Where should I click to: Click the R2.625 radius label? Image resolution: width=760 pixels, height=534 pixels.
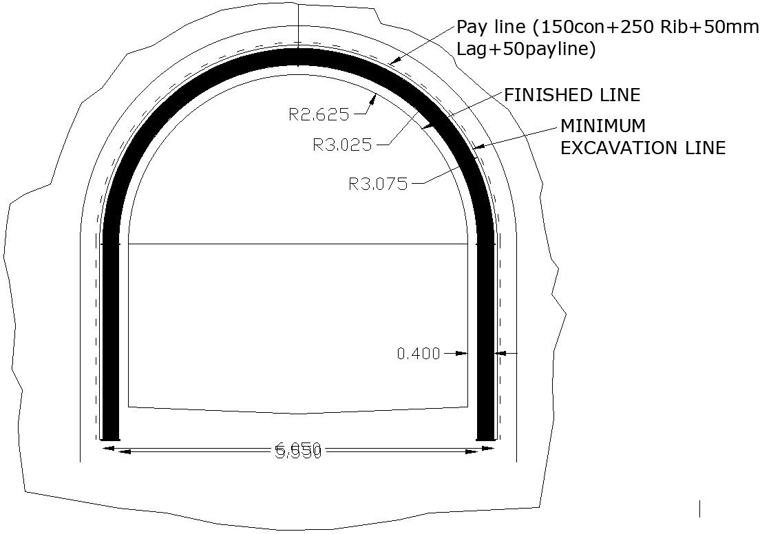click(x=319, y=114)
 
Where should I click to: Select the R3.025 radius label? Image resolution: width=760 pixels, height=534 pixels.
click(x=342, y=145)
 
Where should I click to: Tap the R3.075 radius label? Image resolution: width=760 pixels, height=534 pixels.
click(x=378, y=184)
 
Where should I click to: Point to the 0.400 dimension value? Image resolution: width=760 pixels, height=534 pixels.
click(x=419, y=354)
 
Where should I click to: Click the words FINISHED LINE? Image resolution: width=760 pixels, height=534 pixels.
click(x=572, y=95)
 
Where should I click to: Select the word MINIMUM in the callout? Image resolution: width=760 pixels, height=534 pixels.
click(x=603, y=126)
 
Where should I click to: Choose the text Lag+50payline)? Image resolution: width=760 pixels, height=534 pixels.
click(x=527, y=50)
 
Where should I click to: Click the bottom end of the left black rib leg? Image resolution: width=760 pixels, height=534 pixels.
click(x=110, y=438)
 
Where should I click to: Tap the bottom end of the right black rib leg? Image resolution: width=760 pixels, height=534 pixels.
click(x=485, y=438)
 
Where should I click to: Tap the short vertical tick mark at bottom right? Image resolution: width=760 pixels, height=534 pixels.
click(x=700, y=509)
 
